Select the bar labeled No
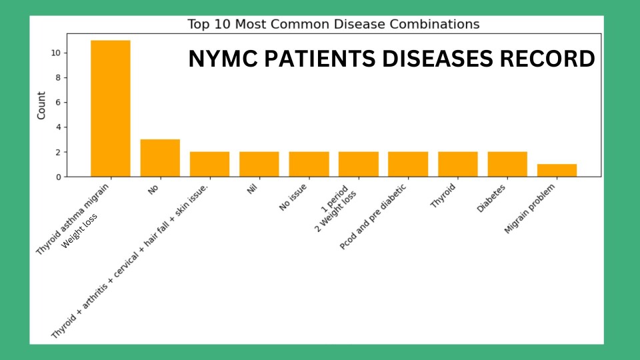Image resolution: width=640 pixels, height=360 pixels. click(160, 158)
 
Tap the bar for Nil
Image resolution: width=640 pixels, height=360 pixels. click(259, 164)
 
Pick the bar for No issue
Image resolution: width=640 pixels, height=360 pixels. click(309, 164)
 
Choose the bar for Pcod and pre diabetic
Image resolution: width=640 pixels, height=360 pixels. click(408, 164)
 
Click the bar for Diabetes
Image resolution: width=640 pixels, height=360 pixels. click(507, 164)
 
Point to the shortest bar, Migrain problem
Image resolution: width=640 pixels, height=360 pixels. click(557, 170)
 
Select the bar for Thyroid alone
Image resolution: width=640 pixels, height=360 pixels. click(458, 164)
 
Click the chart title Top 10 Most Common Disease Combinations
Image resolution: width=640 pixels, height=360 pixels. click(333, 25)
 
